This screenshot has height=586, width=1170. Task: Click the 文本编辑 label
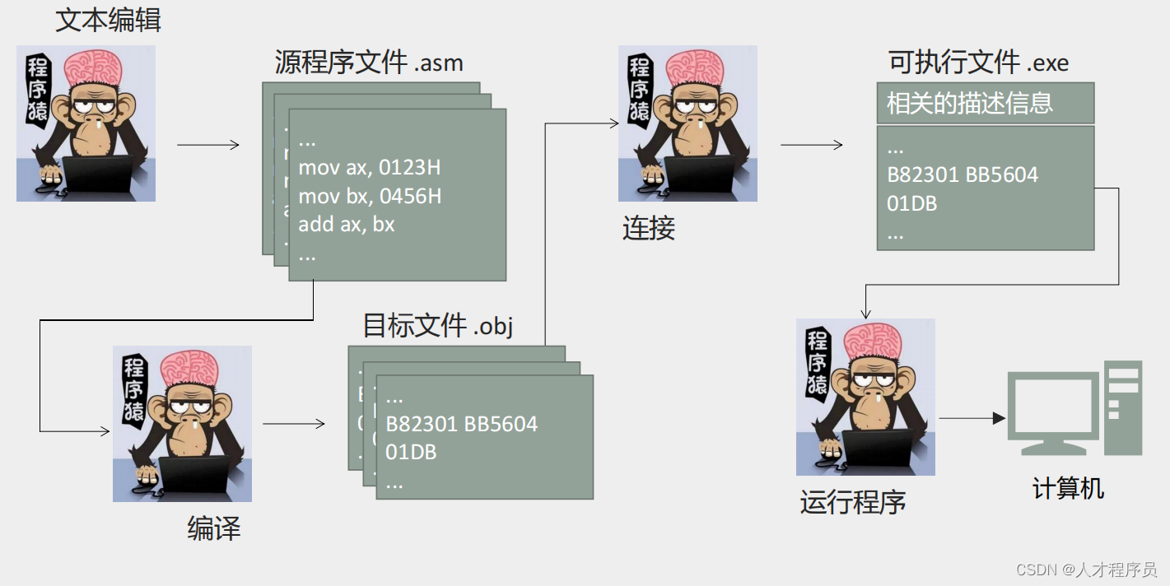108,20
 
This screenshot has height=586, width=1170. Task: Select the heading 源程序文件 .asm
369,63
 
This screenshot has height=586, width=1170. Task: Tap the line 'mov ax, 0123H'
369,168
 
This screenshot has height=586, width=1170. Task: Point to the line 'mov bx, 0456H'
370,196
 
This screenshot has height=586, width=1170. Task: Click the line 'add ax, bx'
346,224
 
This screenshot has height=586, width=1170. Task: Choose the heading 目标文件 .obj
438,326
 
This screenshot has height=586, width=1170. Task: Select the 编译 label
214,528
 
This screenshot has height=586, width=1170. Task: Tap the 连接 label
649,228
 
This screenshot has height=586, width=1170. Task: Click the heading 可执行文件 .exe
978,62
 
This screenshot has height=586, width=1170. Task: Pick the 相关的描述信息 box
985,104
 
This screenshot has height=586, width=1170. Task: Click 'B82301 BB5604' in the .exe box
962,174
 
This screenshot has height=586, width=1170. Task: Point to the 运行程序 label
853,502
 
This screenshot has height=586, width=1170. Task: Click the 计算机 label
1068,489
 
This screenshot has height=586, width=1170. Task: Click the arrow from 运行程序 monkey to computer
972,418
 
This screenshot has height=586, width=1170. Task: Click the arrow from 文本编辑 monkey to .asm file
207,145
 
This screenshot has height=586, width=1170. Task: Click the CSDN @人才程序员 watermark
1085,570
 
